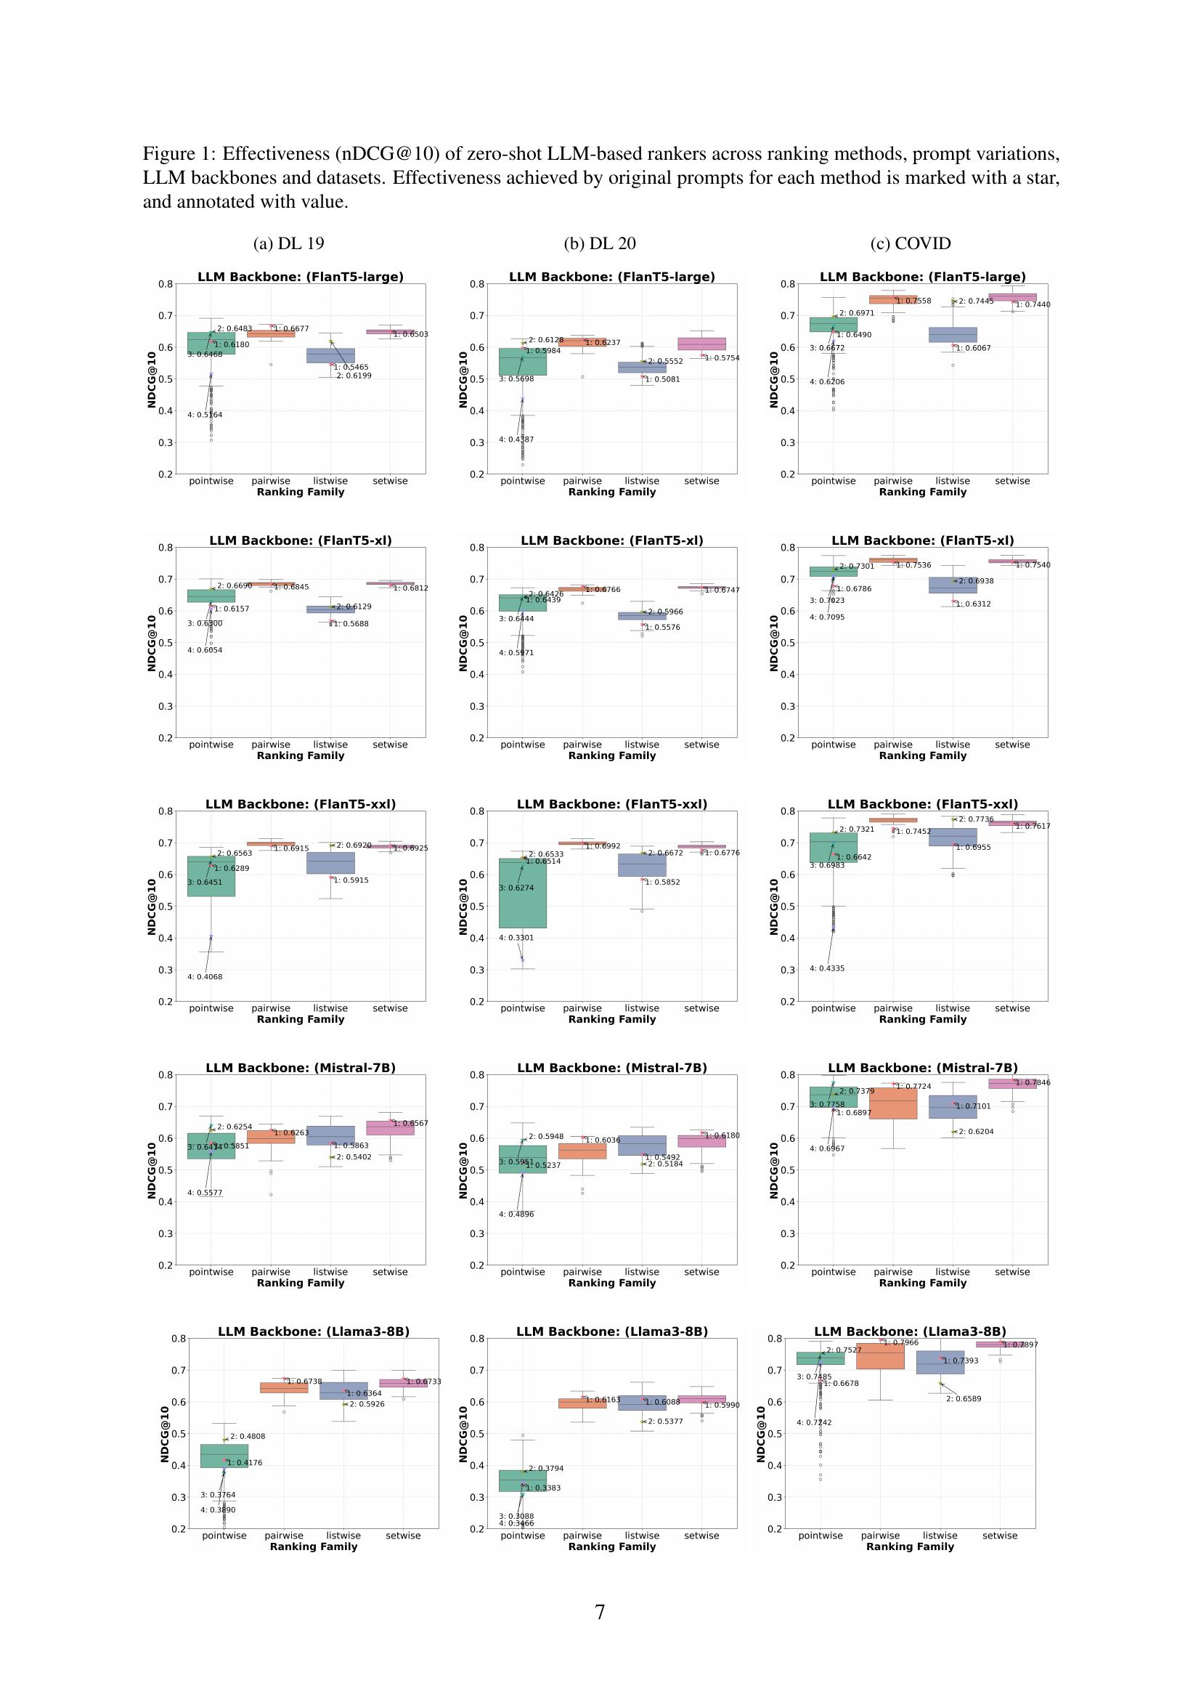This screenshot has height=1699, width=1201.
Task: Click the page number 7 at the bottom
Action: (600, 1612)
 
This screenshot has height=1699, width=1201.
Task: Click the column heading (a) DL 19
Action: (288, 243)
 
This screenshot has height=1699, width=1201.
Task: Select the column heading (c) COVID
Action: (911, 243)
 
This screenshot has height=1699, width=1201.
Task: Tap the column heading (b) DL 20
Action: (600, 243)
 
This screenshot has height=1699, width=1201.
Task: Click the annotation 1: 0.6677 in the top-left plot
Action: (291, 328)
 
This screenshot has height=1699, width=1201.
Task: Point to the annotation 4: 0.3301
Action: (516, 938)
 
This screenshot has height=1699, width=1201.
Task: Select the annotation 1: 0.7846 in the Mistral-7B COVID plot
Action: (1033, 1082)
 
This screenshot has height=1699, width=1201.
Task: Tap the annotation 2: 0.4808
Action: (247, 1436)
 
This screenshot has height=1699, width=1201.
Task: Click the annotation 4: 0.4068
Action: (205, 977)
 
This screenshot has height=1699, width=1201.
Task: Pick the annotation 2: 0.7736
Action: (976, 819)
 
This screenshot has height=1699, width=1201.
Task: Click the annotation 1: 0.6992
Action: (603, 846)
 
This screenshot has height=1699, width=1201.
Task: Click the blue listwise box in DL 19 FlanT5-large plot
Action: (330, 355)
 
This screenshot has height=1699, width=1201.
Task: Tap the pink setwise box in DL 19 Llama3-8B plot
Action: (402, 1383)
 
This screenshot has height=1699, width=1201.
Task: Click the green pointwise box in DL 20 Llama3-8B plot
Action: (523, 1480)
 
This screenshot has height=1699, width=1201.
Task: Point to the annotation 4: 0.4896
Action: (516, 1215)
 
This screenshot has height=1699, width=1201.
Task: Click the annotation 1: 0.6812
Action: (410, 588)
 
